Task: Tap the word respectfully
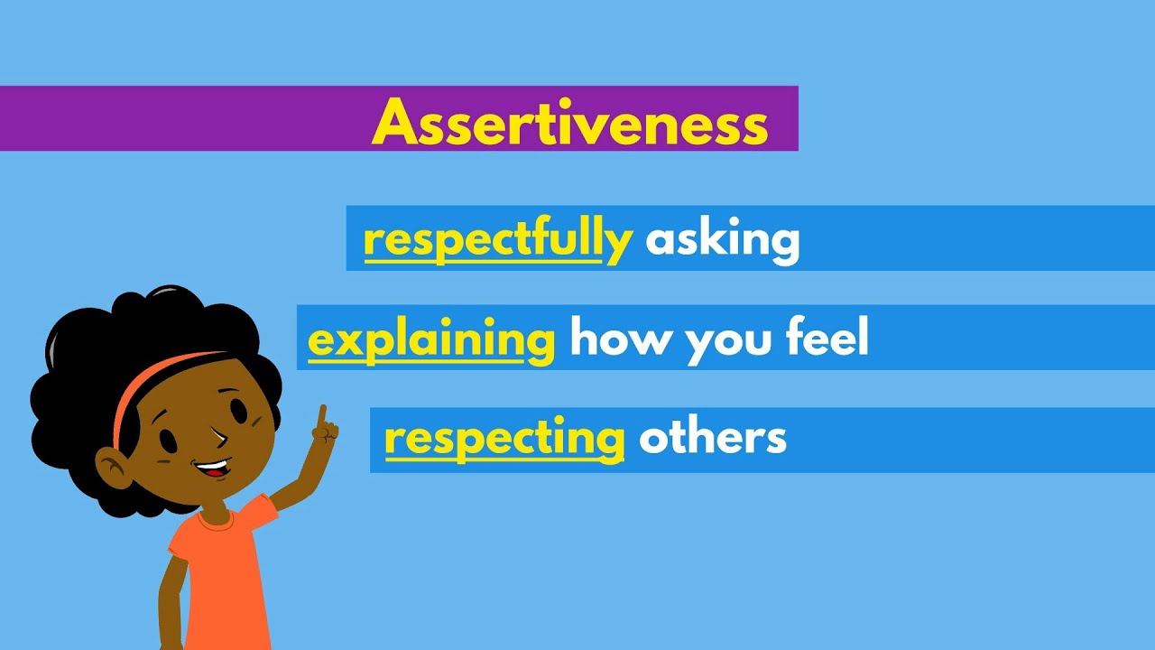coord(496,239)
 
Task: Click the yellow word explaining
coord(430,340)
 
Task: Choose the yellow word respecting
coord(504,439)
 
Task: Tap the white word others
coord(712,438)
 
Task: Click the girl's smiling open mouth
coord(213,469)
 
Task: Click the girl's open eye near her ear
coord(168,441)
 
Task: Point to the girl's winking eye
coord(222,437)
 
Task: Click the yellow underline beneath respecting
coord(504,458)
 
